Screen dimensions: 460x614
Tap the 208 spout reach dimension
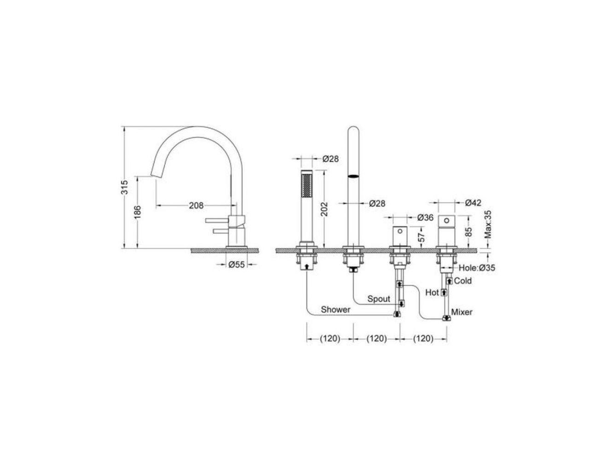[x=196, y=205]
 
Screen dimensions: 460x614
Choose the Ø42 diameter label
[x=473, y=202]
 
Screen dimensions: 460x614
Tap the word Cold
[x=463, y=281]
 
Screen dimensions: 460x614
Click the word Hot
[x=432, y=292]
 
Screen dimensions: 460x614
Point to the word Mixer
[x=462, y=312]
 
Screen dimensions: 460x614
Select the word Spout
[x=379, y=299]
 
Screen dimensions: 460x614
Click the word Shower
[x=335, y=310]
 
